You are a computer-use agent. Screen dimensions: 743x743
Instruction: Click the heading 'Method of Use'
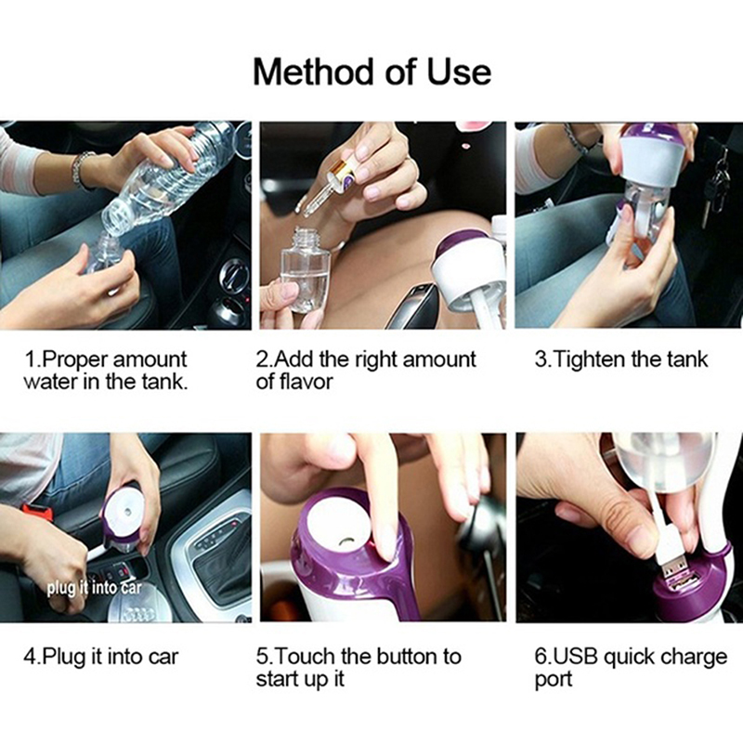[x=372, y=72]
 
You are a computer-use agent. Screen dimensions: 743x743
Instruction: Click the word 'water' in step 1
[x=49, y=382]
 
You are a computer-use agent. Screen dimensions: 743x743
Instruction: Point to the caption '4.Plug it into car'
[x=100, y=657]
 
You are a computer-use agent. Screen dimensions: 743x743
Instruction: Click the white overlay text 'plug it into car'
[x=95, y=588]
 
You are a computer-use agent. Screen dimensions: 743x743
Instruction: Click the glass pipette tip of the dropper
[x=310, y=204]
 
